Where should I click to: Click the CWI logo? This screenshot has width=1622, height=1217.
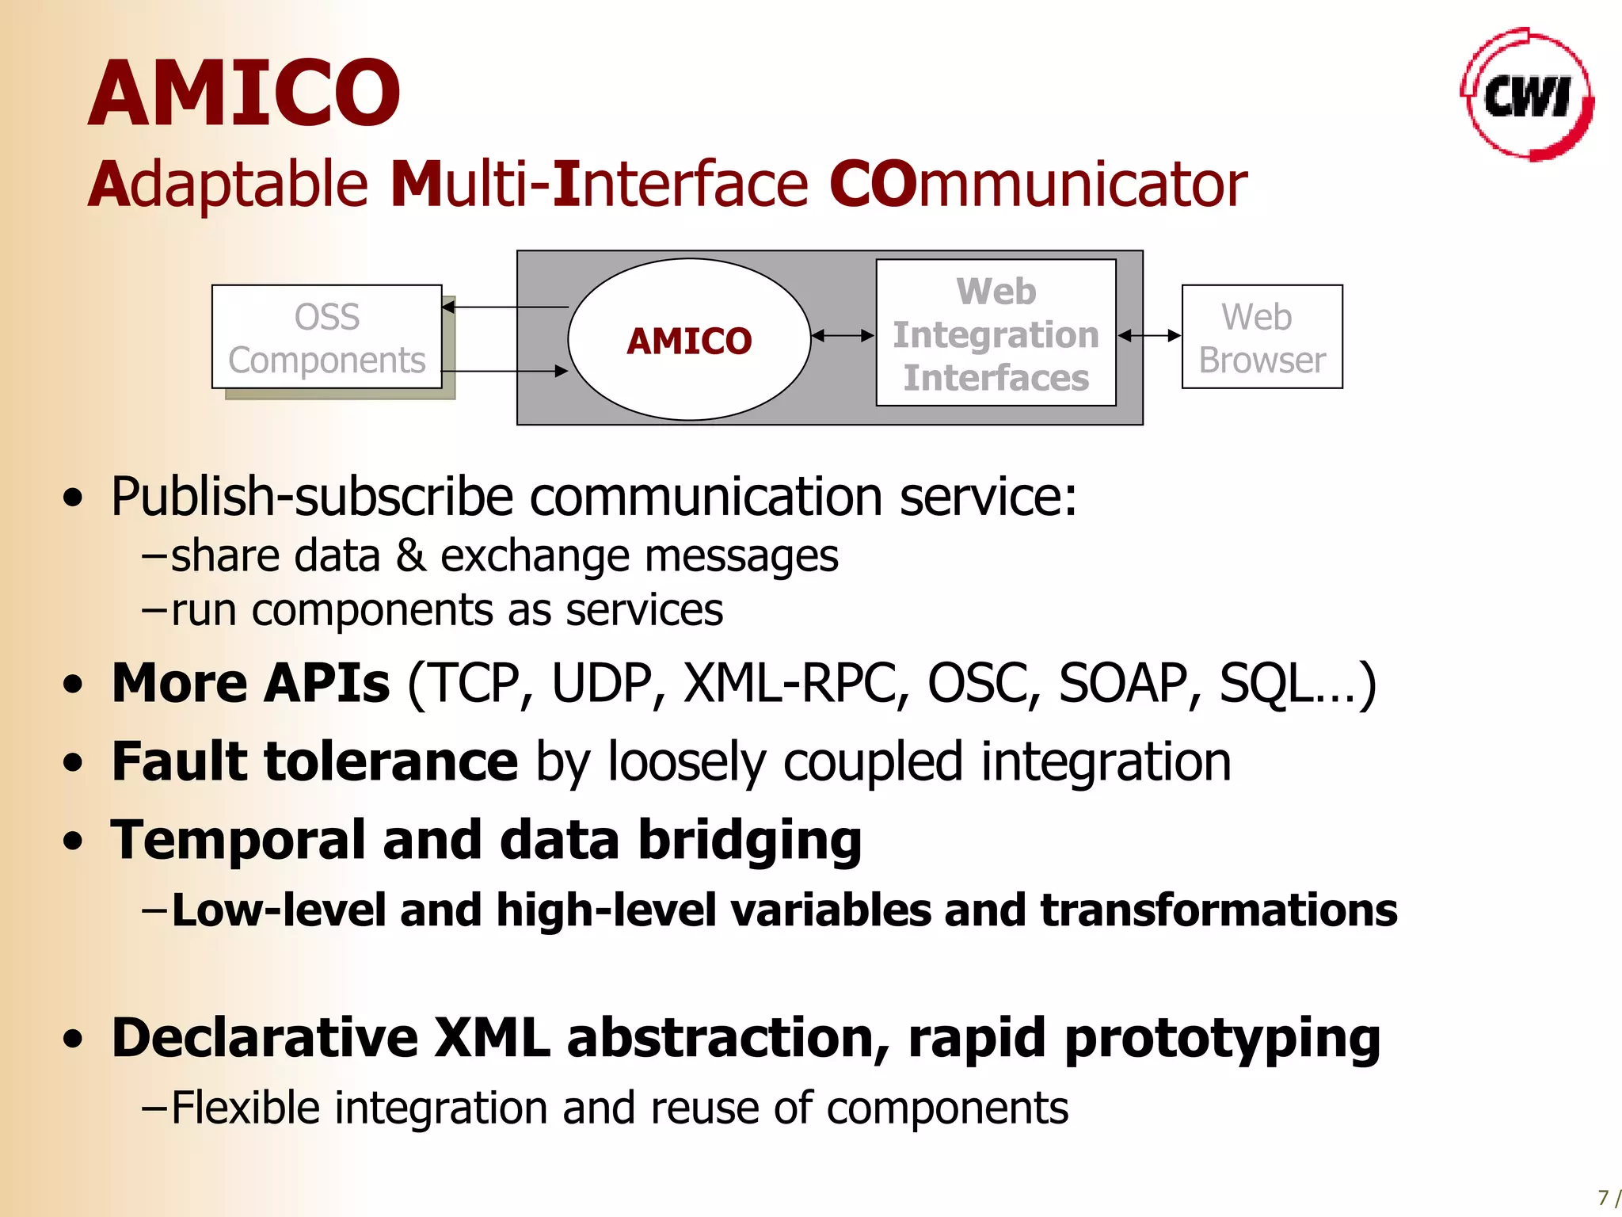(1527, 95)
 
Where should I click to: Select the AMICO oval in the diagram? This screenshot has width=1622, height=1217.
(689, 340)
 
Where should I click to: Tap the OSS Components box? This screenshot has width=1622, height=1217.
(326, 338)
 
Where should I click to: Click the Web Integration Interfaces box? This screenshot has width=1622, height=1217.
(996, 334)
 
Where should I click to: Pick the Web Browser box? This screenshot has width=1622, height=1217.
(1262, 338)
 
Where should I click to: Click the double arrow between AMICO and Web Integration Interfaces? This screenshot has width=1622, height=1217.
(843, 336)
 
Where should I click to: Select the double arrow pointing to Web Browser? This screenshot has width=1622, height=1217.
(1149, 336)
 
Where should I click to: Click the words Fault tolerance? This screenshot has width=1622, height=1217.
(314, 761)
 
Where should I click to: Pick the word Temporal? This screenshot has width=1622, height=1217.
(238, 841)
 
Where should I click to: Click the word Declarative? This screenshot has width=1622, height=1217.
(265, 1038)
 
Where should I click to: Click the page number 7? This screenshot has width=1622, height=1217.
(1602, 1197)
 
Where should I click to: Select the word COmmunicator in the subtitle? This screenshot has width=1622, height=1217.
(1038, 185)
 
